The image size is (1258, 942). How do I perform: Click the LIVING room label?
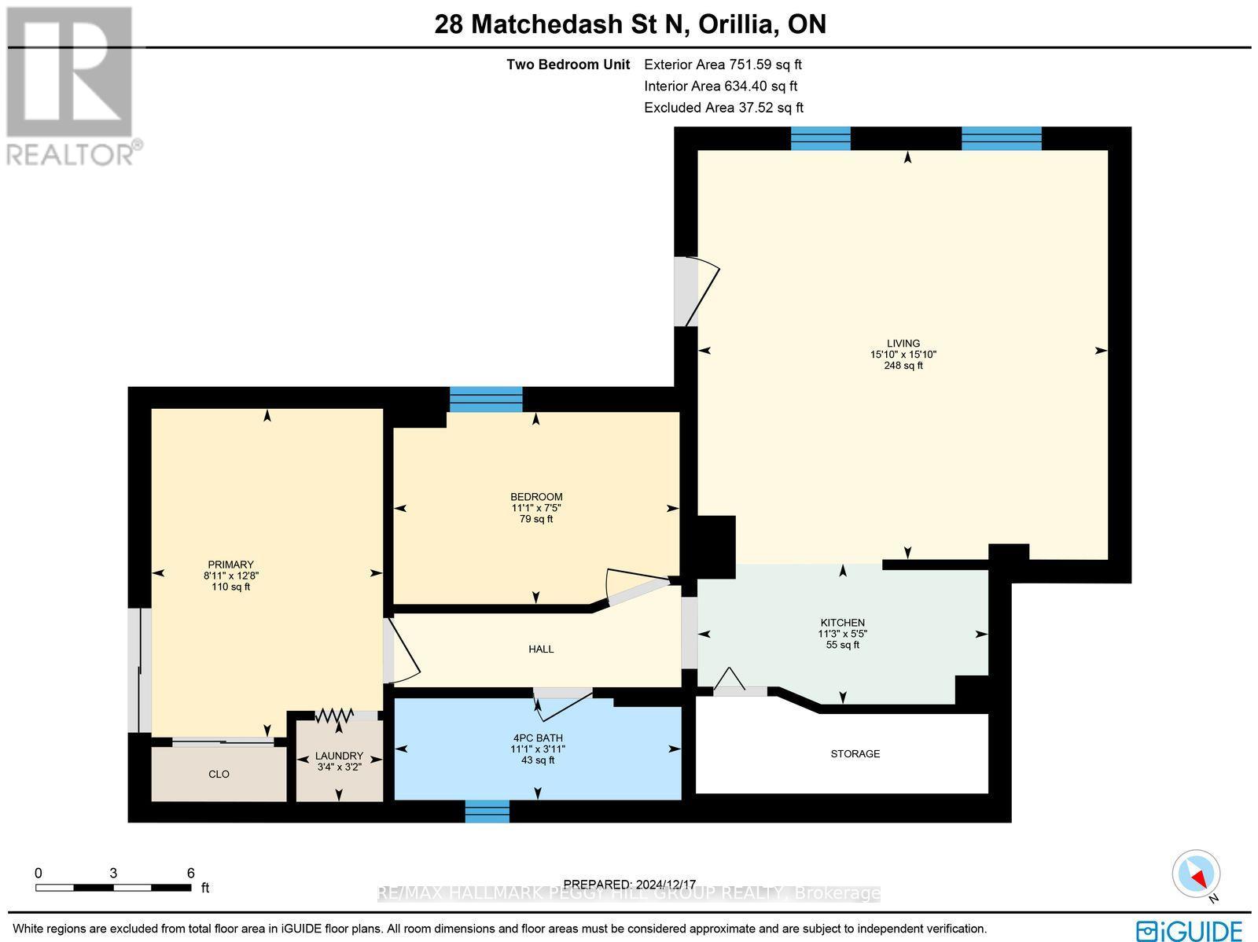[903, 343]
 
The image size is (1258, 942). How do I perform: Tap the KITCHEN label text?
[842, 623]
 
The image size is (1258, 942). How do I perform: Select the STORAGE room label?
[855, 753]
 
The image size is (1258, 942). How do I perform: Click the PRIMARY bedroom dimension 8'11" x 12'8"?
[230, 576]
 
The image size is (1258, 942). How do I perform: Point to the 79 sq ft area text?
[536, 519]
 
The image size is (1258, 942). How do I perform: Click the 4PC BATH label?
[537, 738]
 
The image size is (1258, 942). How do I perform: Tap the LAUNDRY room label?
[339, 756]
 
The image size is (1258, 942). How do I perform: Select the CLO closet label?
[219, 774]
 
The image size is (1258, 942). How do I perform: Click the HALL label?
[541, 649]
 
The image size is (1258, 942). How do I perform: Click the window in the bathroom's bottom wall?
[487, 811]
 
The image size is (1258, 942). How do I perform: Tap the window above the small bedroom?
[486, 399]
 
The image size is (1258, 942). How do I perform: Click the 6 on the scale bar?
[190, 872]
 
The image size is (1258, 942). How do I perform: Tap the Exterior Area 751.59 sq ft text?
[723, 64]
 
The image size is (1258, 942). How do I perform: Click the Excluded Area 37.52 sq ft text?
[723, 108]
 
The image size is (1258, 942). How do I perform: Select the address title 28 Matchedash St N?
[561, 24]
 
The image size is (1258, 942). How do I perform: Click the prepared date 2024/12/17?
[630, 884]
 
